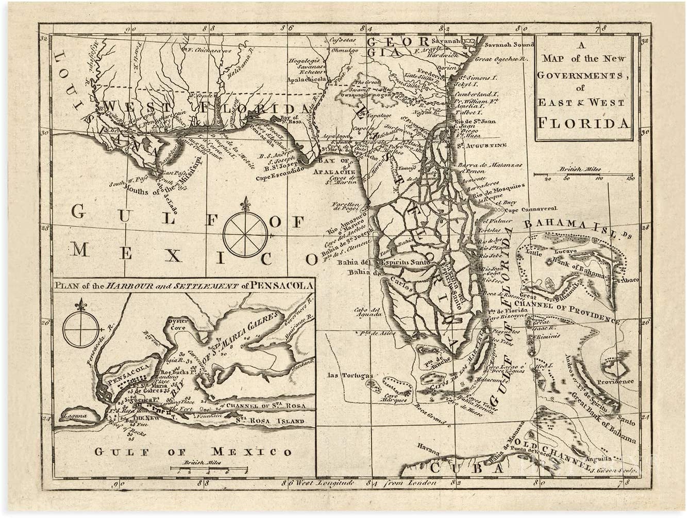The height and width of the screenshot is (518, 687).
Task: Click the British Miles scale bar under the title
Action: click(x=582, y=175)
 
